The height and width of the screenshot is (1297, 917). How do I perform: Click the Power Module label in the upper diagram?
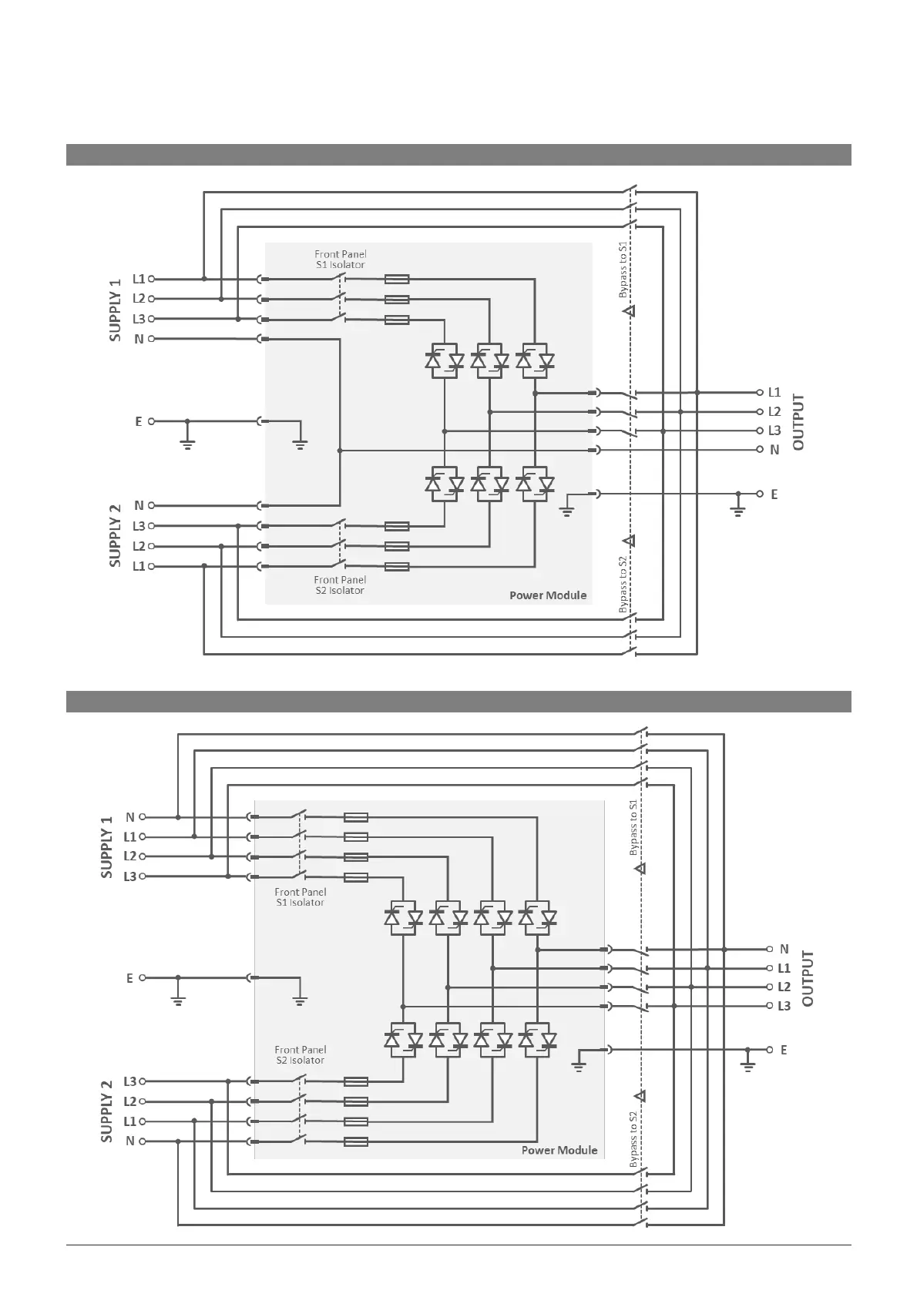pos(547,595)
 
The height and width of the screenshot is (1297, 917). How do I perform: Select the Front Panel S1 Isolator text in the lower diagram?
pos(300,897)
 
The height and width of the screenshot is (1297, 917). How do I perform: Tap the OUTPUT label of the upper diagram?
pos(798,422)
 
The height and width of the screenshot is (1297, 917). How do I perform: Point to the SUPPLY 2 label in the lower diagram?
pos(107,1111)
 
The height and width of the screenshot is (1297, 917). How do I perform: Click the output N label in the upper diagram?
pos(774,450)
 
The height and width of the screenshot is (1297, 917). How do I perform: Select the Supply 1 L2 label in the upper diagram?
pos(139,299)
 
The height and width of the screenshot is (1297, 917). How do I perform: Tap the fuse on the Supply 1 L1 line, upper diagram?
pos(396,280)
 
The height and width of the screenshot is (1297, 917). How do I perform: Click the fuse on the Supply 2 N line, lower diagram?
pos(355,1141)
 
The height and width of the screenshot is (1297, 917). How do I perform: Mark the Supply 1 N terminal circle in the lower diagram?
pos(143,817)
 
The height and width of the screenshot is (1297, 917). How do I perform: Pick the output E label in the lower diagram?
pos(784,1050)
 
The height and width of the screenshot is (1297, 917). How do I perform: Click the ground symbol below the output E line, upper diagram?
pos(738,511)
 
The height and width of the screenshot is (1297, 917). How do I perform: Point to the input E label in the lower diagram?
pos(129,978)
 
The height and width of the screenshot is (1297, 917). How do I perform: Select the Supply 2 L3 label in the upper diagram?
pos(139,526)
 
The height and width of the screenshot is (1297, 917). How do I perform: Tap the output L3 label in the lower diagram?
pos(784,1006)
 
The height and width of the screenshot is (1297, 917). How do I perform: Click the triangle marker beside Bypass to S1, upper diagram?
pos(629,311)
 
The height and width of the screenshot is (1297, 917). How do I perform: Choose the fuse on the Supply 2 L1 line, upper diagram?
pos(396,567)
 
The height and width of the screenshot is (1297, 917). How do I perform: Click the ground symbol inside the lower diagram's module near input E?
pos(300,1000)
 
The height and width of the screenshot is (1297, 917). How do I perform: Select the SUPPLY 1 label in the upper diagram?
pos(115,310)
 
